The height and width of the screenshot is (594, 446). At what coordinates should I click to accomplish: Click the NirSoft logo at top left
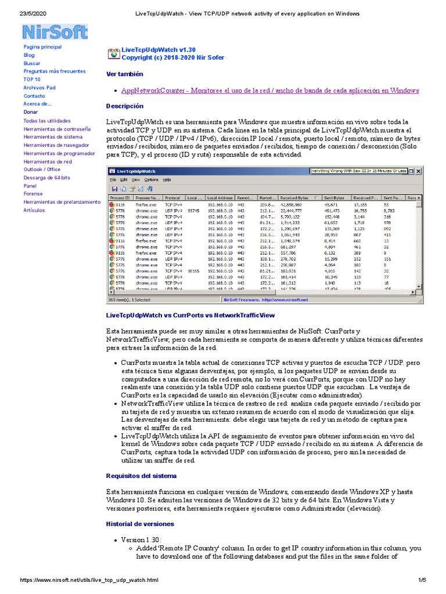(x=55, y=32)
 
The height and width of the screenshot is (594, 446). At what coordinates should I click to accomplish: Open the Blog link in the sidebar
(x=29, y=55)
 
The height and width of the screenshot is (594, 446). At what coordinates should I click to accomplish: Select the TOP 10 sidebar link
(x=32, y=79)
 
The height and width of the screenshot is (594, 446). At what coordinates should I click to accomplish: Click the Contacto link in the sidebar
(x=34, y=96)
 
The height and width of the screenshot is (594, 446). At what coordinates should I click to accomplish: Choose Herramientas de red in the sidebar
(x=48, y=161)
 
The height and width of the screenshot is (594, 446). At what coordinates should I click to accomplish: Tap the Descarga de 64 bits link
(x=47, y=178)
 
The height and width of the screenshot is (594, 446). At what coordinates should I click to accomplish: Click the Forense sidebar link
(x=33, y=194)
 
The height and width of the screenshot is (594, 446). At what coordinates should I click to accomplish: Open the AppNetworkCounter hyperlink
(x=270, y=90)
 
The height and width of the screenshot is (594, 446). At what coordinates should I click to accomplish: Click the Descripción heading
(x=124, y=106)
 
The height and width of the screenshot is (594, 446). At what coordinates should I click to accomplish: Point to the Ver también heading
(x=124, y=74)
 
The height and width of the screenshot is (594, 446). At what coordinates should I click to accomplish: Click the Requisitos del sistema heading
(x=141, y=476)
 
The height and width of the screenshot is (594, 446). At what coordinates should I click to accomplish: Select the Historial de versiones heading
(x=140, y=524)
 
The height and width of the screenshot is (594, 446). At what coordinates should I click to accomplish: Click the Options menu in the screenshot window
(x=150, y=180)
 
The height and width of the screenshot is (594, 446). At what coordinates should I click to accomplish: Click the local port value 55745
(x=194, y=210)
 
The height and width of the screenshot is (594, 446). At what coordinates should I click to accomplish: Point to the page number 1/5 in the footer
(x=422, y=580)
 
